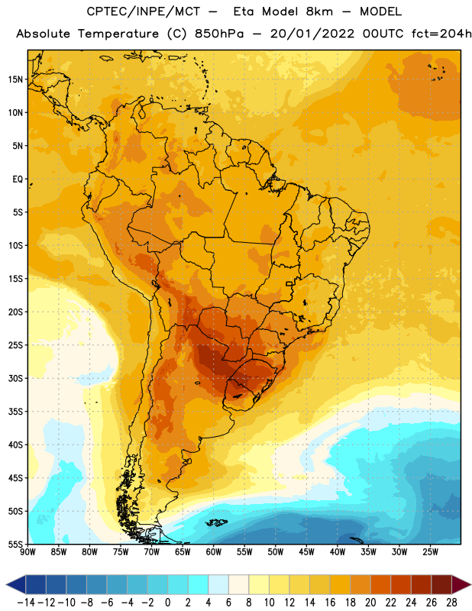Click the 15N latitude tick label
pyautogui.click(x=15, y=79)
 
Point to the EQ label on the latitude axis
pyautogui.click(x=18, y=179)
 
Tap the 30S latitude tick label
pyautogui.click(x=15, y=378)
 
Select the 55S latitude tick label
pyautogui.click(x=15, y=545)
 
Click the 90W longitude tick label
pyautogui.click(x=27, y=551)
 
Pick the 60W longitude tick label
pyautogui.click(x=214, y=551)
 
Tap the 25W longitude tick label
pyautogui.click(x=430, y=551)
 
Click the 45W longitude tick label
pyautogui.click(x=306, y=551)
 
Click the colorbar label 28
pyautogui.click(x=451, y=603)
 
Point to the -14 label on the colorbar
pyautogui.click(x=27, y=603)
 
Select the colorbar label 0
pyautogui.click(x=167, y=603)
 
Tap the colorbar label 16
pyautogui.click(x=330, y=603)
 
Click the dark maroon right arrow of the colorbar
pyautogui.click(x=461, y=584)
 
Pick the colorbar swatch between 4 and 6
pyautogui.click(x=218, y=584)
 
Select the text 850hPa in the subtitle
pyautogui.click(x=219, y=34)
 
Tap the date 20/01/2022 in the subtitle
pyautogui.click(x=312, y=34)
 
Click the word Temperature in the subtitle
pyautogui.click(x=118, y=34)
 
